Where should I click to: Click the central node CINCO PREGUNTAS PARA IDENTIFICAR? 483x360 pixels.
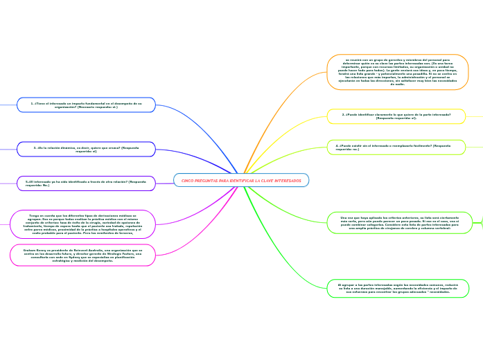click(241, 180)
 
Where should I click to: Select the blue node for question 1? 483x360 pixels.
click(86, 105)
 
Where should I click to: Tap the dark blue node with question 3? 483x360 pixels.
click(86, 149)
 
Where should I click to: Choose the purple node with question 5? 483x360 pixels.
click(86, 183)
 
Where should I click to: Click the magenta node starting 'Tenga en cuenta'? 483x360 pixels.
click(82, 224)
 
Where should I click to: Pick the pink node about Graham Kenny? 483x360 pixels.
click(82, 255)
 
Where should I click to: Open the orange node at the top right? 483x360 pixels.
click(397, 72)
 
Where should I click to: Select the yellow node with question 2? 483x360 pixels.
click(396, 116)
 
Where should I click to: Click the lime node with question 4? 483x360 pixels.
click(396, 147)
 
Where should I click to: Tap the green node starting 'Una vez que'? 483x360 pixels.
click(399, 223)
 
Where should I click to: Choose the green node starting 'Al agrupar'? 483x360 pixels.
click(398, 288)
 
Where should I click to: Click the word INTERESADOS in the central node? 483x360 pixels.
click(286, 181)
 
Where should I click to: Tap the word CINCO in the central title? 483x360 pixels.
click(188, 181)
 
